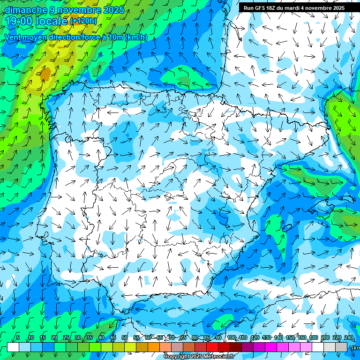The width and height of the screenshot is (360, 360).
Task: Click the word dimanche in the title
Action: [x=26, y=10]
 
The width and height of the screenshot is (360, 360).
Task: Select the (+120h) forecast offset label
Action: [x=83, y=21]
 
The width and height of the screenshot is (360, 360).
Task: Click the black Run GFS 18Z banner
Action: [x=294, y=8]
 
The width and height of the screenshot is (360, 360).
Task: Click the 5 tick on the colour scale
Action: [x=18, y=338]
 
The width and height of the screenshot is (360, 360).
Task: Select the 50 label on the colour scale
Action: [x=125, y=338]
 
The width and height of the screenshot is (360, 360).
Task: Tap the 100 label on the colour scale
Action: [x=232, y=338]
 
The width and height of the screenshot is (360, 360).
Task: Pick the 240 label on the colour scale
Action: [x=349, y=338]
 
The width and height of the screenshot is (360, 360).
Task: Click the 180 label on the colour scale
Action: [x=314, y=338]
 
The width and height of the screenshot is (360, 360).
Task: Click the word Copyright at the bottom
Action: [x=177, y=357]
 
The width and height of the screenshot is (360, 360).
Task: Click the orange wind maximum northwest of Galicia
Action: [x=45, y=73]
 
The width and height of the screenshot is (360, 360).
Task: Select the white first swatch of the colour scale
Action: [x=13, y=347]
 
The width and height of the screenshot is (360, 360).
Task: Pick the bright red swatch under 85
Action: [x=212, y=347]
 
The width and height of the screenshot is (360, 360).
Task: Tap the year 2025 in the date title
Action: [x=113, y=10]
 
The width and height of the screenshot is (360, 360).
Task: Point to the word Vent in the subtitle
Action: [x=13, y=37]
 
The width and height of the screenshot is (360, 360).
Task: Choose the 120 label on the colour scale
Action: [x=255, y=338]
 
